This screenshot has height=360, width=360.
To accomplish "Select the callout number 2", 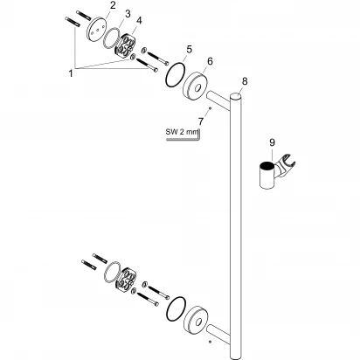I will (113, 6).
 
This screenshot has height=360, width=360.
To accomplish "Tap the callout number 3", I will (128, 14).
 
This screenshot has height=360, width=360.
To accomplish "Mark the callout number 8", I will (244, 81).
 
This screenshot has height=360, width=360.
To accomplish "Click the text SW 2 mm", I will (183, 132).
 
